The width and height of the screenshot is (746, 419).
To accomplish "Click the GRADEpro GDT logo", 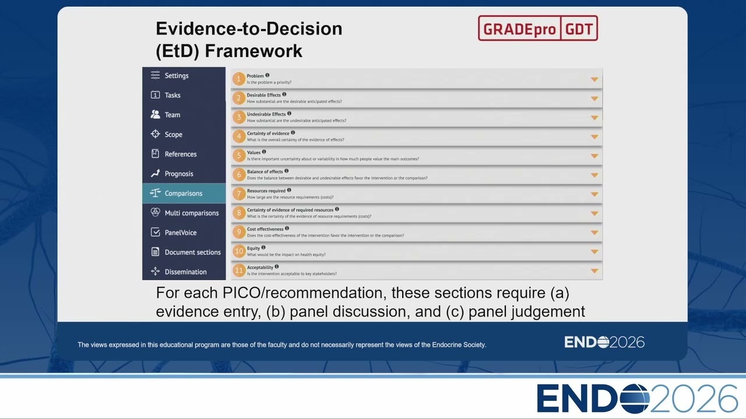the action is [538, 29].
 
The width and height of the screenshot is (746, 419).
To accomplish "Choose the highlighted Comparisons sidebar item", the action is [184, 193].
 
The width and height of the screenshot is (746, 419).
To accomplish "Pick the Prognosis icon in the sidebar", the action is [155, 173].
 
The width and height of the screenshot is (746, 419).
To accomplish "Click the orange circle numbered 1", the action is [239, 79].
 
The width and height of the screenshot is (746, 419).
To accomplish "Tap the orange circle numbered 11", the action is [239, 271].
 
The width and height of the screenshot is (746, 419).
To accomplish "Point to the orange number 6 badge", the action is [239, 175].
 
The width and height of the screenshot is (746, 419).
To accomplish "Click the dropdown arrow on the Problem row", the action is [594, 80].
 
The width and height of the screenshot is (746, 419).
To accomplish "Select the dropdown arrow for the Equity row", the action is [594, 252].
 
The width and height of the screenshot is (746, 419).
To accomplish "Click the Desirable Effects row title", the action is [264, 95].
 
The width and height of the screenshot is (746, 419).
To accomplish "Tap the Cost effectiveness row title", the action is [265, 229].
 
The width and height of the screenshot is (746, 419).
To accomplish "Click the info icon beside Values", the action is [264, 152].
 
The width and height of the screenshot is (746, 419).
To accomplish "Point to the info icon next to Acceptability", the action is [277, 267].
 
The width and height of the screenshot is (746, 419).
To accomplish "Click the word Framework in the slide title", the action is [254, 51].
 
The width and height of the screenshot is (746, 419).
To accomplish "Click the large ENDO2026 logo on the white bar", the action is [637, 399].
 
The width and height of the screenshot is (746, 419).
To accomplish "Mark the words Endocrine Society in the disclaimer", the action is [459, 345].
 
